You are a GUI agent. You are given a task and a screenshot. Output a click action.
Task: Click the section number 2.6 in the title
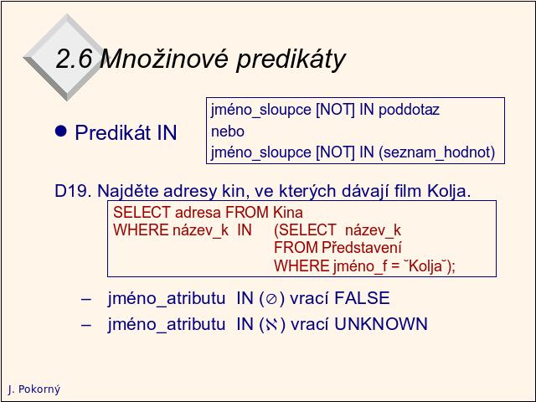[74, 59]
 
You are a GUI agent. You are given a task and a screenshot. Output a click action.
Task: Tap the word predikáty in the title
[291, 59]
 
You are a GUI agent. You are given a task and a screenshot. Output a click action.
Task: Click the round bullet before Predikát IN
[61, 131]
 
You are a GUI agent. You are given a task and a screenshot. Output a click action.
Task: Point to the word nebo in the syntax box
[228, 131]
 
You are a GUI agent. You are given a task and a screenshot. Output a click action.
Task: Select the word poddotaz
[409, 110]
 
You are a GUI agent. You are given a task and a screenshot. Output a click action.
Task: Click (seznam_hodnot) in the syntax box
[437, 152]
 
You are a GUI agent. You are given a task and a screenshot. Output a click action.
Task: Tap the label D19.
[73, 191]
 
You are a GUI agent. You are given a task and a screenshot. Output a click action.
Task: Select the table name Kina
[288, 213]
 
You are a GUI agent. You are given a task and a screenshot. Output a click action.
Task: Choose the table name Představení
[362, 248]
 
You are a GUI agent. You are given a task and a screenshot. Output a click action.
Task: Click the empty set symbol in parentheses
[271, 300]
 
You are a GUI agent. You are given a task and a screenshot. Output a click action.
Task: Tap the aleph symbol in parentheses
[271, 325]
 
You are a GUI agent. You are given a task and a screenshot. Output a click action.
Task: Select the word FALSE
[362, 298]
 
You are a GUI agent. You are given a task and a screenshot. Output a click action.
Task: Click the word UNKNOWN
[381, 324]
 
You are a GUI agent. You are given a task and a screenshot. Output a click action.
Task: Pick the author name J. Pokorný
[34, 389]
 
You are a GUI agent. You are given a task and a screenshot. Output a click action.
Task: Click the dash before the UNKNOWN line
[86, 324]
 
